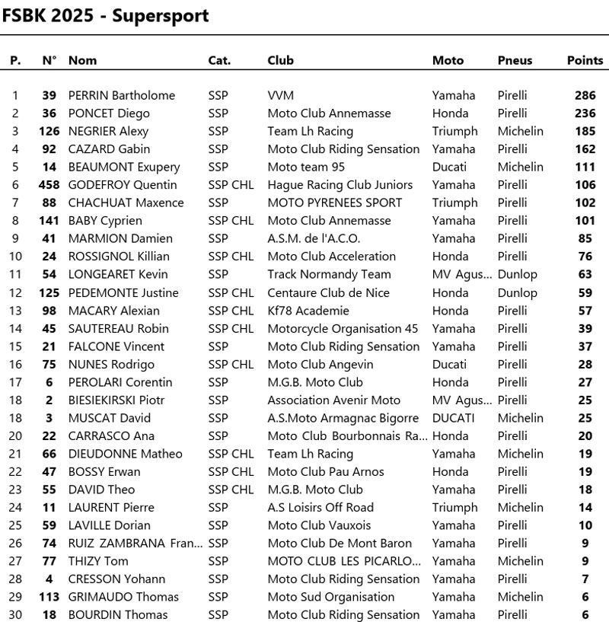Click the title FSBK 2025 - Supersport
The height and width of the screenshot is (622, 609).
pyautogui.click(x=105, y=16)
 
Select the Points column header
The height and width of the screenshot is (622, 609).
pyautogui.click(x=585, y=60)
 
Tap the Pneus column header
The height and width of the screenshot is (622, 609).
pyautogui.click(x=515, y=60)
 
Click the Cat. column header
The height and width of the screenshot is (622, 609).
pyautogui.click(x=219, y=60)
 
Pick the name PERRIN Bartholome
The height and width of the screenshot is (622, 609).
pyautogui.click(x=122, y=96)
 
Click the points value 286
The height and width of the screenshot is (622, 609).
pyautogui.click(x=585, y=96)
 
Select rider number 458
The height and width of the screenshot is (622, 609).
pyautogui.click(x=49, y=185)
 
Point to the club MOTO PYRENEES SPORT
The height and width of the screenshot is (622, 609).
pyautogui.click(x=334, y=203)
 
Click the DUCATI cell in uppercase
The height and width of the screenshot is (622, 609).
pyautogui.click(x=453, y=418)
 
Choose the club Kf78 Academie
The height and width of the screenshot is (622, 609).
pyautogui.click(x=308, y=311)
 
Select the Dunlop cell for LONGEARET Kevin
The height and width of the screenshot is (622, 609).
pyautogui.click(x=517, y=275)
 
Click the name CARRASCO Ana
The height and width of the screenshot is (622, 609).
pyautogui.click(x=111, y=436)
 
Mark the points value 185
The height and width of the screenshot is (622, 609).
pyautogui.click(x=585, y=132)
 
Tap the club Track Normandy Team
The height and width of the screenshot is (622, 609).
pyautogui.click(x=329, y=275)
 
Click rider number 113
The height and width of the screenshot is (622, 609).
pyautogui.click(x=49, y=597)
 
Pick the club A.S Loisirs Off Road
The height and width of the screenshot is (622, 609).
pyautogui.click(x=320, y=508)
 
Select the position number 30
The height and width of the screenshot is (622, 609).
pyautogui.click(x=15, y=615)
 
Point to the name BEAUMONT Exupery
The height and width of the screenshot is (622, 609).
pyautogui.click(x=124, y=167)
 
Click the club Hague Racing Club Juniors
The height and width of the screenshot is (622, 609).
pyautogui.click(x=340, y=185)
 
